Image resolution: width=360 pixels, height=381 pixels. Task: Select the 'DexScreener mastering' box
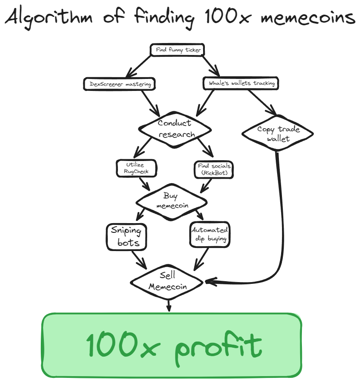[x=119, y=83]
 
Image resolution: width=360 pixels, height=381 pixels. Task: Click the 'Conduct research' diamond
[x=175, y=129]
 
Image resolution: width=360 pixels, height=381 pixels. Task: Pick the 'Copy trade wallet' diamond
[x=278, y=134]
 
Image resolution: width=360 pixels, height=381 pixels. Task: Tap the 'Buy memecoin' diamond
[x=171, y=200]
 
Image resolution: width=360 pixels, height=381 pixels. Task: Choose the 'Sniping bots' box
[x=126, y=236]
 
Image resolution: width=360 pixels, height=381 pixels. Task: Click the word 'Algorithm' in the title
[x=51, y=18]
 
